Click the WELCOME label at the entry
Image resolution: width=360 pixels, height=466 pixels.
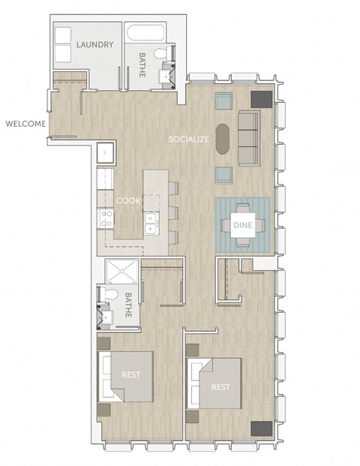[x=25, y=124]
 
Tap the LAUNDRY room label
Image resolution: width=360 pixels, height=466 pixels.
[x=94, y=45]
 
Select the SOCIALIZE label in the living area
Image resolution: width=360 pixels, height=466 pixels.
[x=188, y=139]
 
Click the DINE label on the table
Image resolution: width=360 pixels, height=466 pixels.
[x=241, y=224]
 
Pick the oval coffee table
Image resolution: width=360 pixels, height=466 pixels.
[x=223, y=140]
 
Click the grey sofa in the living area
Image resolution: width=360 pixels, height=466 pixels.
[x=248, y=138]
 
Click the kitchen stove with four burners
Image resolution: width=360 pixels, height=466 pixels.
[x=106, y=218]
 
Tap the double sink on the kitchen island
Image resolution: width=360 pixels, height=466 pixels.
[x=151, y=221]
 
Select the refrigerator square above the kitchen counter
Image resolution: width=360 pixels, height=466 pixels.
[x=105, y=152]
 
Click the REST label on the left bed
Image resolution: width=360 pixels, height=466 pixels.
[x=131, y=374]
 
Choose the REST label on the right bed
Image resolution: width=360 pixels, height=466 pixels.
[x=220, y=387]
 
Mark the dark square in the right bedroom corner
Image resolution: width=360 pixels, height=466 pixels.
[x=261, y=428]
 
